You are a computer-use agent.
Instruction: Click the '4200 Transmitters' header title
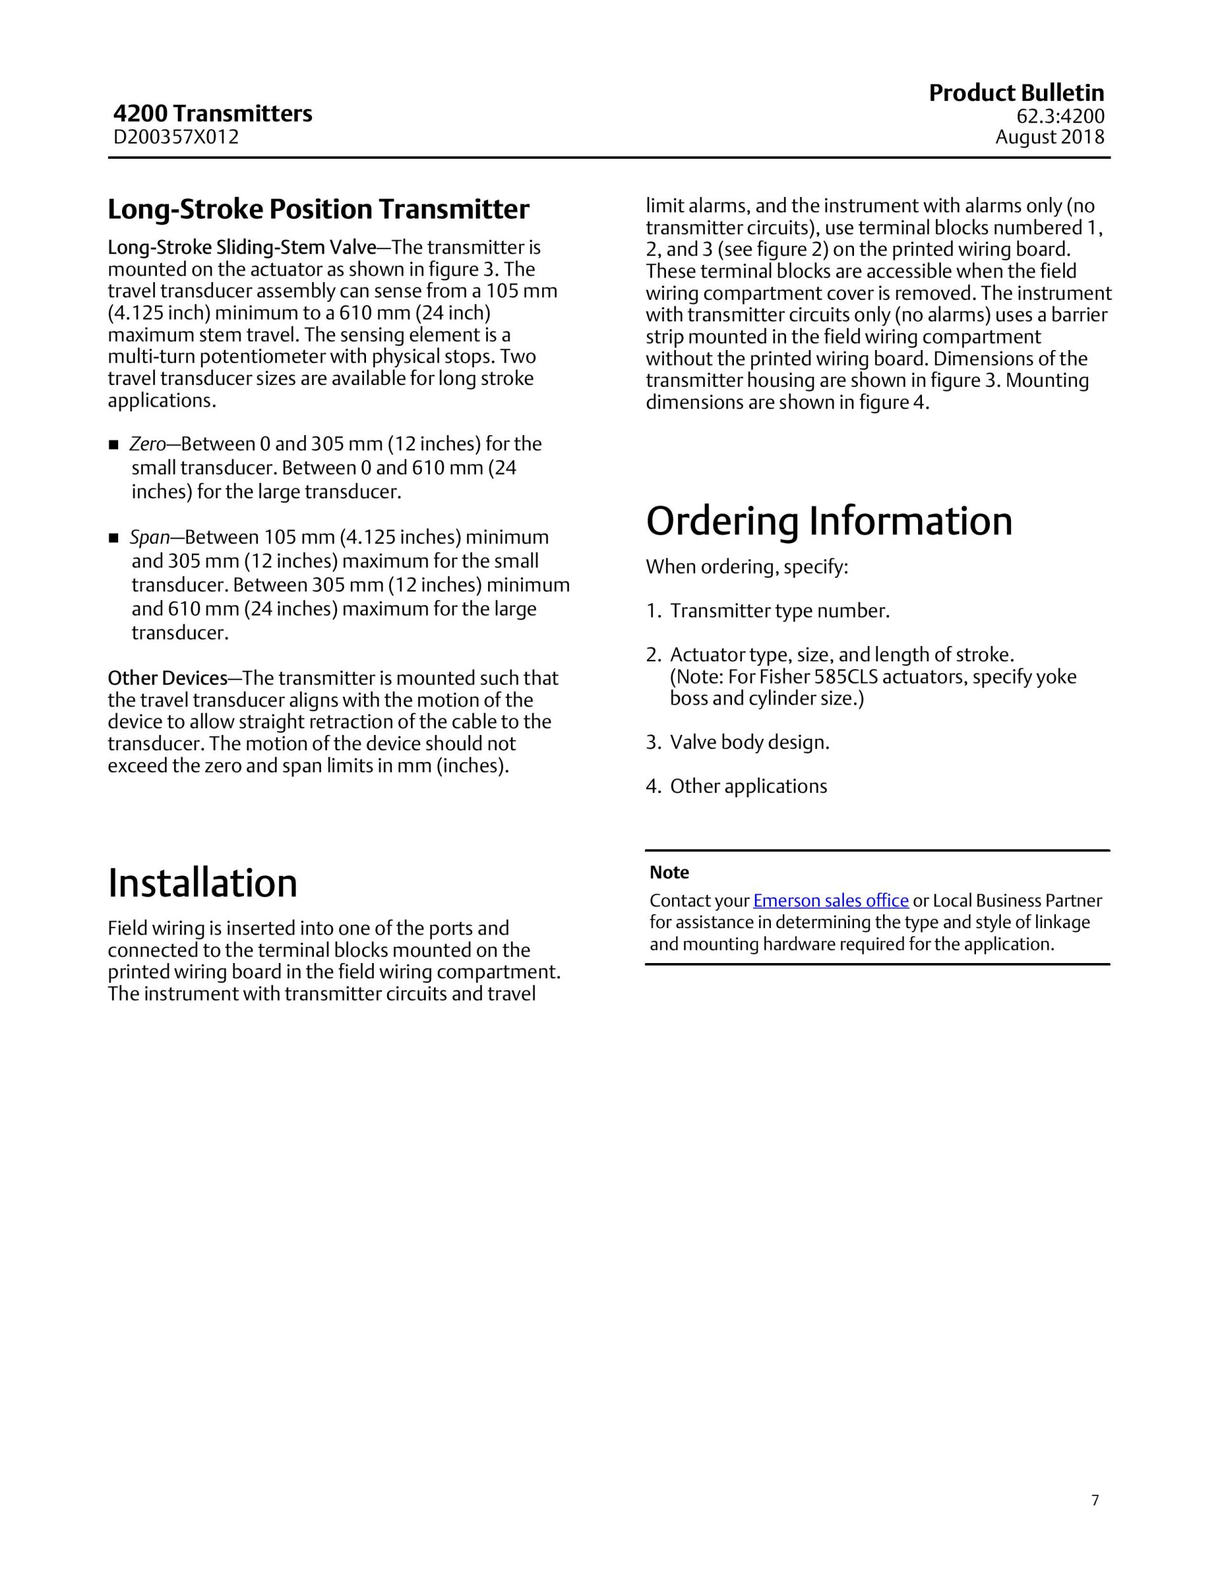212,114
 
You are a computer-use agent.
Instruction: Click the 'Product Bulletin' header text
1015,93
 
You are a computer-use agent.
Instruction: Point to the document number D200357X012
175,137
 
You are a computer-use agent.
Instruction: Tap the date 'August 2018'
1050,137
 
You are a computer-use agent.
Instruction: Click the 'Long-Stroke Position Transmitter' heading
318,210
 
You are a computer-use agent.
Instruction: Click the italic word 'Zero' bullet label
147,443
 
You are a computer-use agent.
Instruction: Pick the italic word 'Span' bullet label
149,537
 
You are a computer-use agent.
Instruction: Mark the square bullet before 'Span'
114,538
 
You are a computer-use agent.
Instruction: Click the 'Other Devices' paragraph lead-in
167,678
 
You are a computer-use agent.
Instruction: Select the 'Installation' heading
202,884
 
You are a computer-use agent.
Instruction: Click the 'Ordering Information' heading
829,522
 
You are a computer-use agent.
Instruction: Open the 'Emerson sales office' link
830,901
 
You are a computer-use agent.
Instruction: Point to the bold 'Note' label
669,873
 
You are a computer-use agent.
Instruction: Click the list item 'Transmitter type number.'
779,611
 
